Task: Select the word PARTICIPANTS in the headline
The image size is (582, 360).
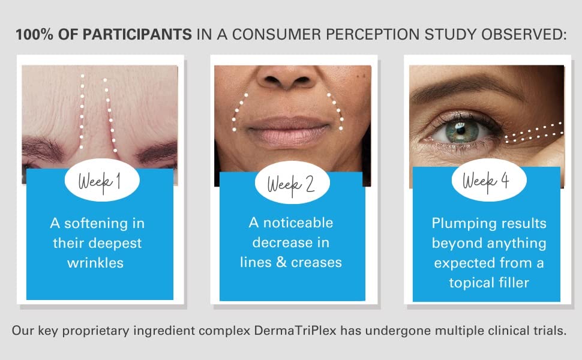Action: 137,35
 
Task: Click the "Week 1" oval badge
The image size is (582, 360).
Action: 102,181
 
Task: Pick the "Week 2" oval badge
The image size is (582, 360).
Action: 292,182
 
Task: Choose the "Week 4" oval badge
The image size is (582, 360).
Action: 489,180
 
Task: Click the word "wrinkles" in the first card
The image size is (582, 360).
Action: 95,263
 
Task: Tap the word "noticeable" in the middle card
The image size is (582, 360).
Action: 298,223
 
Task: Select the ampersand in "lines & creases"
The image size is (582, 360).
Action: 281,262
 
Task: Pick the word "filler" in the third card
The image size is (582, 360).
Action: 514,283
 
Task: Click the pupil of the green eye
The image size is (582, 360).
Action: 461,130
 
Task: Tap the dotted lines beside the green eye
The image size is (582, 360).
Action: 534,133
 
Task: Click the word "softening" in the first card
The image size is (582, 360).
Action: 96,223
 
